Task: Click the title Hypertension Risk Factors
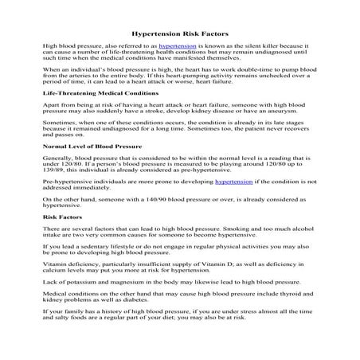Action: pos(179,35)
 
